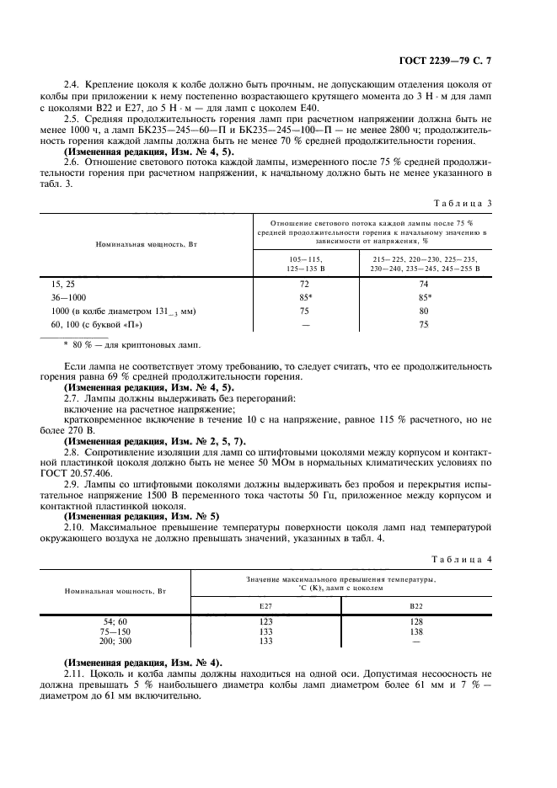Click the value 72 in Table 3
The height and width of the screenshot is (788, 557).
click(305, 285)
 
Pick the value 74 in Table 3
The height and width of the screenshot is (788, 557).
click(423, 285)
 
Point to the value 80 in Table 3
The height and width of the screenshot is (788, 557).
click(423, 311)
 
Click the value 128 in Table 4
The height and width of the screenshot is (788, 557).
click(416, 620)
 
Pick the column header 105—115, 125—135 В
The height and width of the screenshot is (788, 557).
click(305, 264)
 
